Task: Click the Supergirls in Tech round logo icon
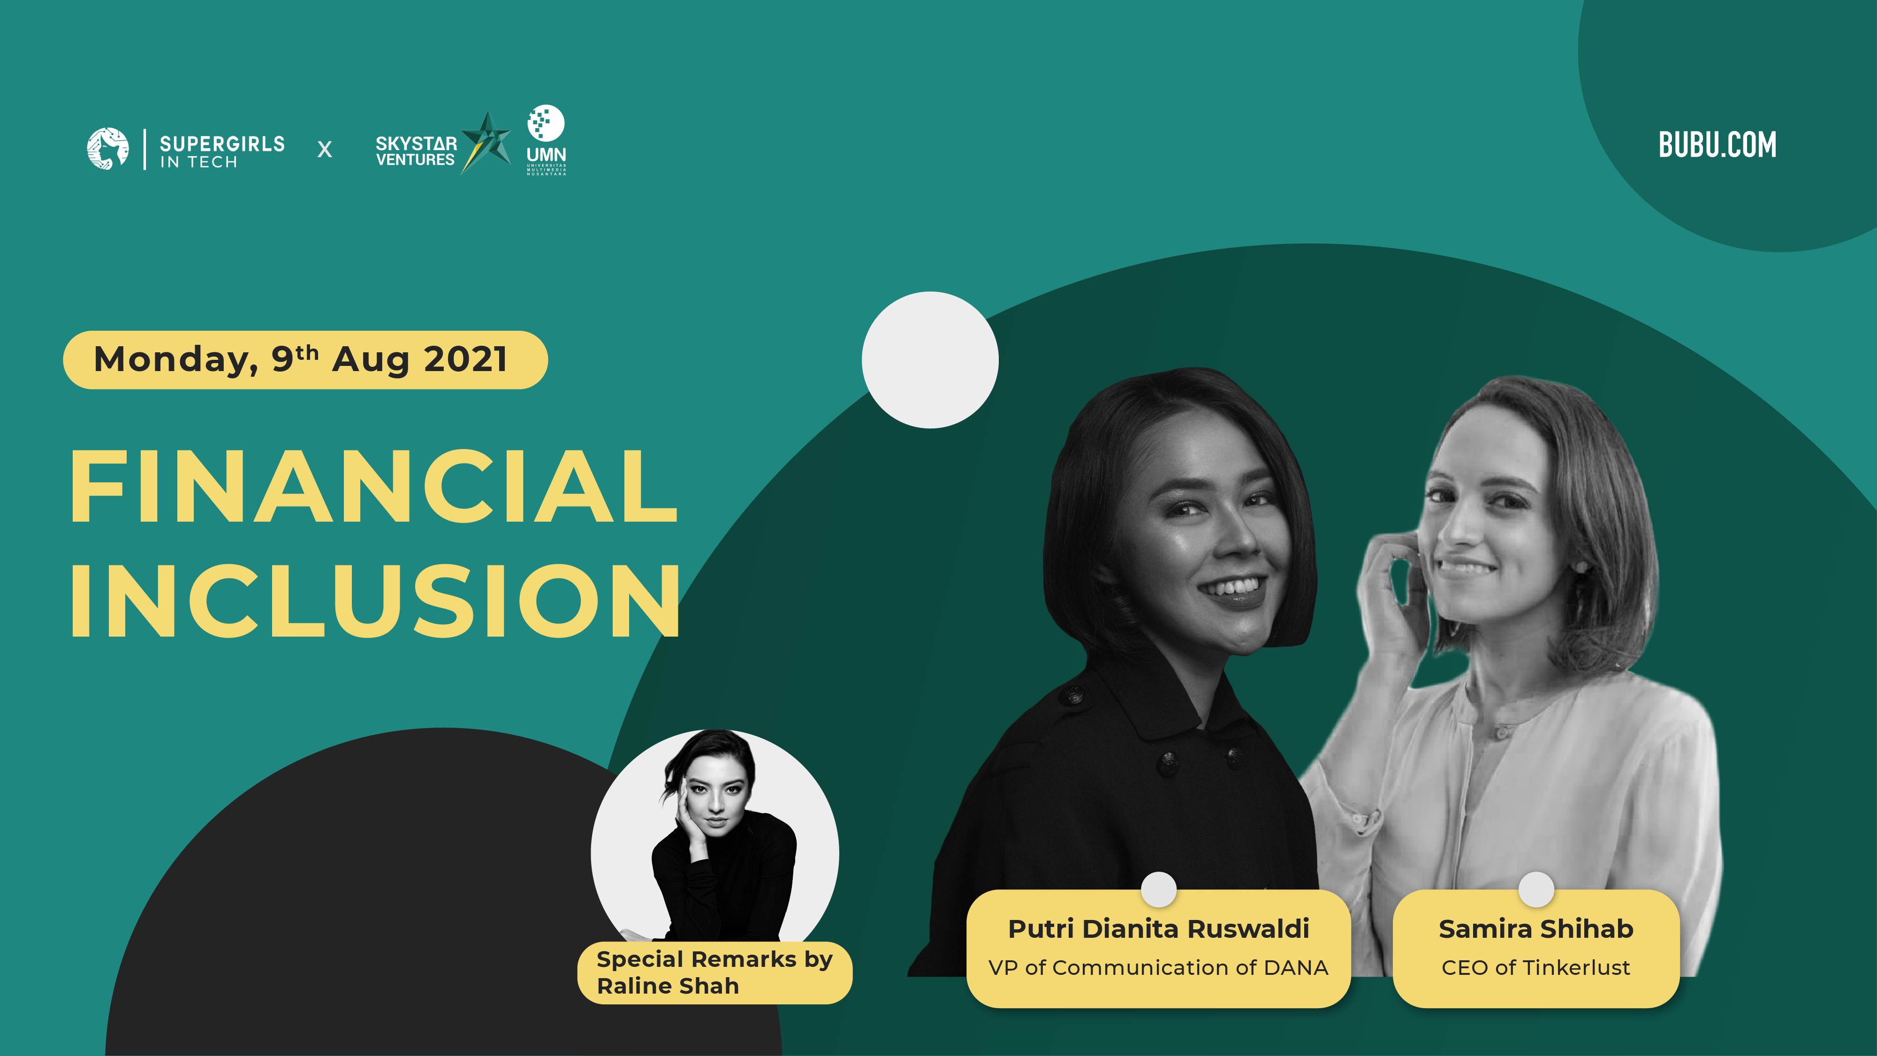[x=108, y=149]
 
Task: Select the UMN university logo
[x=546, y=140]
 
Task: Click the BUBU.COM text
[x=1717, y=144]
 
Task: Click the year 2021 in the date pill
[x=465, y=359]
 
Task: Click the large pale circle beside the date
[x=930, y=360]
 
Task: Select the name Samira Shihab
[x=1536, y=929]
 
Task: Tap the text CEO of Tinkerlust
[x=1536, y=968]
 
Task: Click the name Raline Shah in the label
[x=668, y=986]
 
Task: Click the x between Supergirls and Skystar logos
[x=325, y=149]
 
